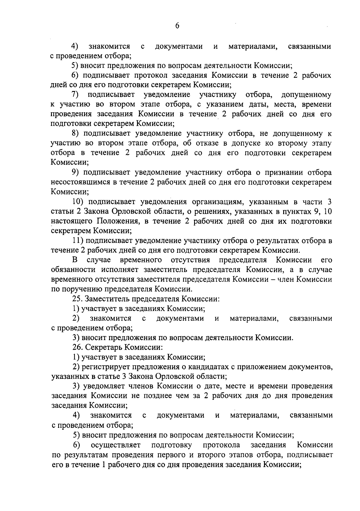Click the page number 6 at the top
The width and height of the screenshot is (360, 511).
[177, 26]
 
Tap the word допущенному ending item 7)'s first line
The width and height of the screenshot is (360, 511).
[306, 95]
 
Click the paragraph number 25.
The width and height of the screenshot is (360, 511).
[77, 299]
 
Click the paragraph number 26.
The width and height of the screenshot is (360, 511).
[77, 348]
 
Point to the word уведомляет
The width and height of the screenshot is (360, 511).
[103, 386]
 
